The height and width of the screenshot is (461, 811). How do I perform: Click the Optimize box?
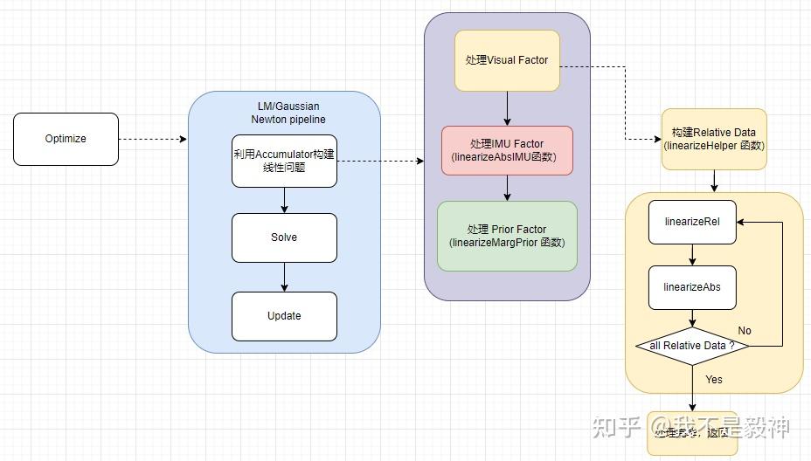pos(66,139)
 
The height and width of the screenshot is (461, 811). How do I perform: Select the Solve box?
pos(284,237)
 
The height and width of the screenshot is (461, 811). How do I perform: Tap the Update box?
pos(284,316)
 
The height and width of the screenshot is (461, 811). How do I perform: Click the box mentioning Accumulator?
pos(284,161)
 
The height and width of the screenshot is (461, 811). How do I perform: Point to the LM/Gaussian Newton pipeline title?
pos(283,113)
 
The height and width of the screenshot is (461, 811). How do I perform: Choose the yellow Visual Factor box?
pos(507,60)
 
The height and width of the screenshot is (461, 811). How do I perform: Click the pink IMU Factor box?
pos(507,150)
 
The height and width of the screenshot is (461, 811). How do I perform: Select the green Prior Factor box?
pos(507,236)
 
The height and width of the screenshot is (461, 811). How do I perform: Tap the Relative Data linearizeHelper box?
pos(714,139)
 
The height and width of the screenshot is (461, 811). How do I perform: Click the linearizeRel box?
pos(692,223)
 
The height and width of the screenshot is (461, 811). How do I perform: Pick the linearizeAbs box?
pos(692,287)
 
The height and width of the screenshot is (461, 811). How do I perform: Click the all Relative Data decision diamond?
pos(692,346)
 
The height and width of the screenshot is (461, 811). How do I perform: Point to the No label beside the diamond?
pos(745,331)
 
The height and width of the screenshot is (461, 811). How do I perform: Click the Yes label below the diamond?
pos(714,380)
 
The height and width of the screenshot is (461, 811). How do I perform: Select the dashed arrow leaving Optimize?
pos(153,139)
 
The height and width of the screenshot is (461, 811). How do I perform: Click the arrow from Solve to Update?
pos(284,277)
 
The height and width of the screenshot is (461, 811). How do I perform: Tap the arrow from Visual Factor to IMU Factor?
pos(507,108)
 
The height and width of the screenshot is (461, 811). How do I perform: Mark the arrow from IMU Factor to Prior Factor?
pos(507,188)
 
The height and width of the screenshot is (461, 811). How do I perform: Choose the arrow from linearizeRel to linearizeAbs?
pos(692,255)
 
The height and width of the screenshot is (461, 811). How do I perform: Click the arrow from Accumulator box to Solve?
pos(284,200)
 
